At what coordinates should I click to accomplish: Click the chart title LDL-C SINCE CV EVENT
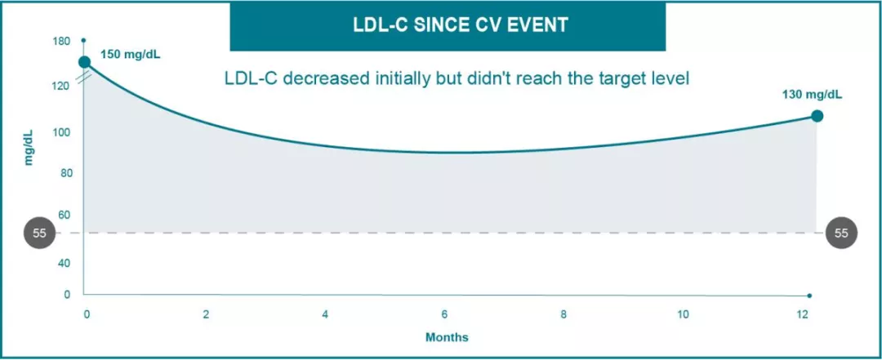tap(448, 25)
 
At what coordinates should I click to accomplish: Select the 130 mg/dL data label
tap(813, 95)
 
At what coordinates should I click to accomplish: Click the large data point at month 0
tap(84, 62)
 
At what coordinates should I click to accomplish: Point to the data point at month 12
tap(817, 116)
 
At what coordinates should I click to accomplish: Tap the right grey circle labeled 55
tap(842, 233)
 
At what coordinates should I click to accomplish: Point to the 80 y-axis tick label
tap(65, 173)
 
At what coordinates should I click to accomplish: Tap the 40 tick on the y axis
tap(65, 263)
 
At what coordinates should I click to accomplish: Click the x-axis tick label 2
tap(207, 315)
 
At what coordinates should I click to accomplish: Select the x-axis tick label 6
tap(445, 315)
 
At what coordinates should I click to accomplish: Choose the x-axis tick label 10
tap(683, 315)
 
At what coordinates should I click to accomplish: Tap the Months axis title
tap(447, 337)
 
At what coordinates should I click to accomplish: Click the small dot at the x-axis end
tap(809, 296)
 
